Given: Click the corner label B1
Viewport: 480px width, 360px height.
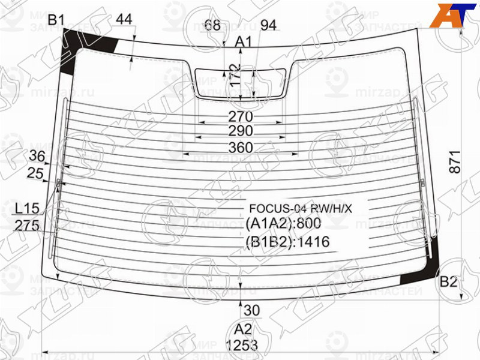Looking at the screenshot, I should (56, 20).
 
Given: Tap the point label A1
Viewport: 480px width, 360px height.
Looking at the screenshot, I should (243, 42).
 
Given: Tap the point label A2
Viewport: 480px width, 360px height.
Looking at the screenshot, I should (243, 329).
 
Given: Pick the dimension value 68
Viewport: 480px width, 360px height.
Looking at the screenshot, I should (212, 25).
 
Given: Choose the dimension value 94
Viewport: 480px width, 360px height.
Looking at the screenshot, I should (268, 25).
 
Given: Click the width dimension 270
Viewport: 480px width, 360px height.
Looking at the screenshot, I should (241, 116).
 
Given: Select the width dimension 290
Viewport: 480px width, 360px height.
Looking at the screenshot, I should (241, 131).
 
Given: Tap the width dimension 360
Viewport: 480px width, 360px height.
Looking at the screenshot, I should (241, 148).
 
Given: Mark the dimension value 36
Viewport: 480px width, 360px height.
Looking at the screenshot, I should (37, 157).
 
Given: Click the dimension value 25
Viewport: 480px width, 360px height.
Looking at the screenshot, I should (36, 174).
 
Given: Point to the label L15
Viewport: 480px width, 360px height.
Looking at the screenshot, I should (27, 209).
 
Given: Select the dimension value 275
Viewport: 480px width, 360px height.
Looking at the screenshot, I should (27, 226).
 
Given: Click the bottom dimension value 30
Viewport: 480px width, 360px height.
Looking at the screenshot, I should (252, 310).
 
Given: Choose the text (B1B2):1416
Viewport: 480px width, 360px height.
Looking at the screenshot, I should (288, 242).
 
